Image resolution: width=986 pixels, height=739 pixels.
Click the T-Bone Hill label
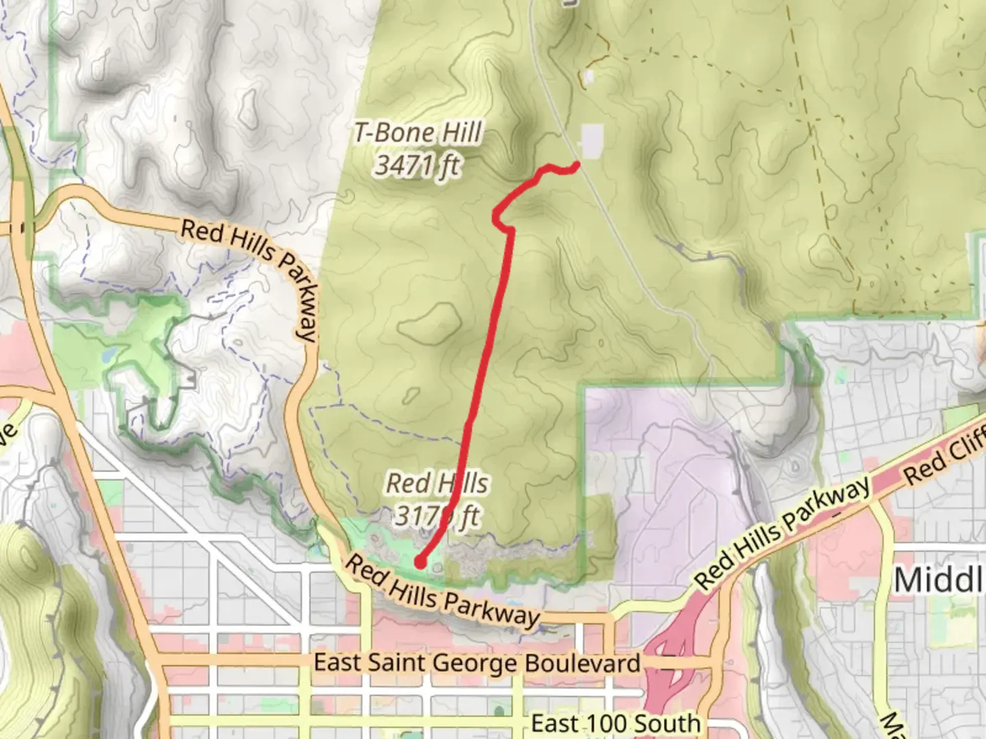[x=418, y=133]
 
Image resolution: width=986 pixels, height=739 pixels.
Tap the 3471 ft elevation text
[x=417, y=166]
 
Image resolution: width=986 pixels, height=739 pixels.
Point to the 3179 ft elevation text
[x=437, y=516]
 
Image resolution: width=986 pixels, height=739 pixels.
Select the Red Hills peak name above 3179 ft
[x=437, y=483]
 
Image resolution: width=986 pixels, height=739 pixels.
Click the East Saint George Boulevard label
[x=477, y=663]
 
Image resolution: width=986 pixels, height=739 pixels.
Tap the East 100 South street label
[x=616, y=723]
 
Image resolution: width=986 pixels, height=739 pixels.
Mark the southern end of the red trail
[x=419, y=562]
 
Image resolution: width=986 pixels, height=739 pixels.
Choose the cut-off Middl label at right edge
[x=939, y=580]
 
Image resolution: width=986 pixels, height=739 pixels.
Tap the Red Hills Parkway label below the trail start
[x=442, y=593]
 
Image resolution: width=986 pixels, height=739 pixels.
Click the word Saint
[x=398, y=662]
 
